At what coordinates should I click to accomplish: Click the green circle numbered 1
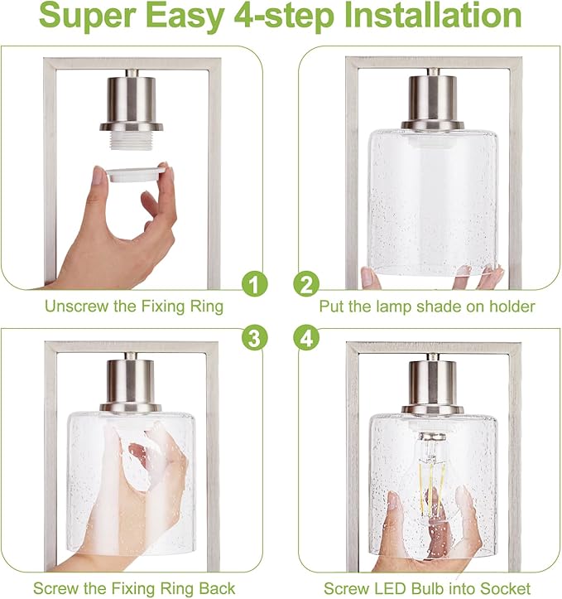coord(254,283)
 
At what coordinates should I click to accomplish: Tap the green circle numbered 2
coord(306,283)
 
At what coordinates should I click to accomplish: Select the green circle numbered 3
coord(254,338)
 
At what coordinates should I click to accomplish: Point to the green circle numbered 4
coord(306,338)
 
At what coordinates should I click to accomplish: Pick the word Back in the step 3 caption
coord(217,588)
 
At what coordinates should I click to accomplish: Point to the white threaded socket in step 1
coord(131,140)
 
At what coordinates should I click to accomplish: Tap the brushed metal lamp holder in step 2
coord(433,100)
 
